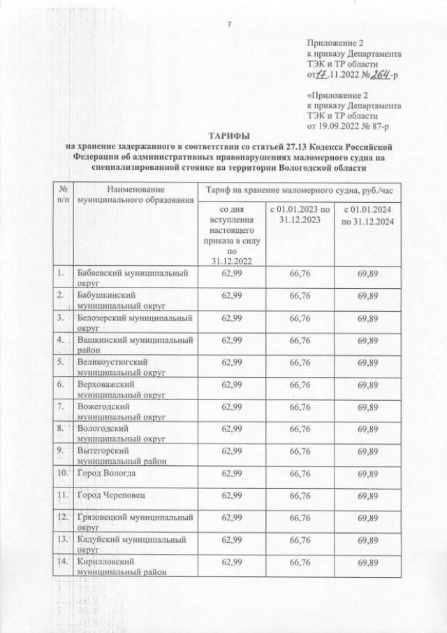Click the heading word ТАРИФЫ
(x=228, y=136)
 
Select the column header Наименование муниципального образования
(x=134, y=195)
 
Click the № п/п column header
(x=64, y=195)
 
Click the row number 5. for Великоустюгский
(x=62, y=362)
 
